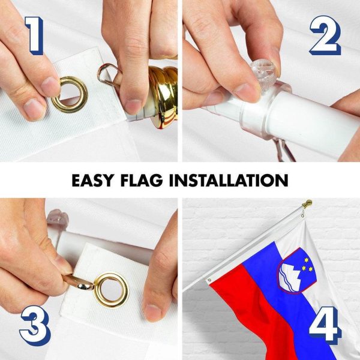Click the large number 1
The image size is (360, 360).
tap(35, 35)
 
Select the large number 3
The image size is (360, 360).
tap(35, 325)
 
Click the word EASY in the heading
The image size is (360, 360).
tap(92, 181)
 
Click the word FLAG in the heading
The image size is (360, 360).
tap(142, 181)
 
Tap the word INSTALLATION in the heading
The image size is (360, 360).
tap(229, 181)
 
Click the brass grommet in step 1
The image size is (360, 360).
tap(70, 95)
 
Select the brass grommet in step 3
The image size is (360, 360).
tap(111, 290)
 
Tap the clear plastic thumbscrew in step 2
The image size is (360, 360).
tap(262, 69)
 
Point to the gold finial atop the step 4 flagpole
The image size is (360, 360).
tap(307, 203)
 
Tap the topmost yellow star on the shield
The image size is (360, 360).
tap(306, 260)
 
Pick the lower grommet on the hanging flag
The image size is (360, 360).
tap(209, 280)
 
